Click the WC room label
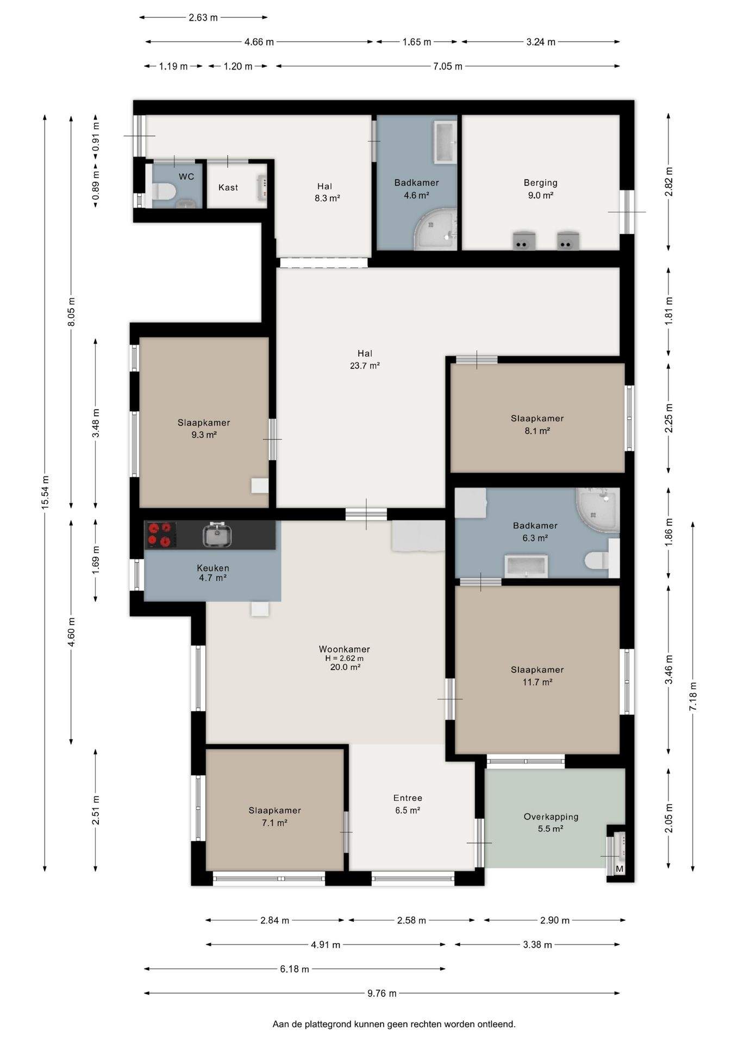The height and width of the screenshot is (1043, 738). (x=186, y=177)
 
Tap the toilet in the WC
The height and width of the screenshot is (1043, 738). (x=162, y=191)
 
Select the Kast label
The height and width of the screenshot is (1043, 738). (x=228, y=187)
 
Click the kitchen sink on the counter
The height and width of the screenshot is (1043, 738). (x=218, y=535)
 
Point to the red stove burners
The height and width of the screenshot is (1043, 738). (x=160, y=534)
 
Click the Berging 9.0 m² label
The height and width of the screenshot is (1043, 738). (x=541, y=189)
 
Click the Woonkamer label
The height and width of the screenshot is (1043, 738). (x=345, y=649)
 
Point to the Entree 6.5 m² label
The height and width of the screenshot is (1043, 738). (x=408, y=804)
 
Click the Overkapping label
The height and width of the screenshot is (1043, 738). (x=551, y=816)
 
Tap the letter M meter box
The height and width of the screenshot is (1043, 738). (x=620, y=869)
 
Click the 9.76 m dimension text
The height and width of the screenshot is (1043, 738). (x=382, y=993)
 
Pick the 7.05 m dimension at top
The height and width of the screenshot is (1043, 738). (x=448, y=66)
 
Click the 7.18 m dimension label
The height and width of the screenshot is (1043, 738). (x=693, y=696)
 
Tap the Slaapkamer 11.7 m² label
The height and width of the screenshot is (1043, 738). (x=537, y=676)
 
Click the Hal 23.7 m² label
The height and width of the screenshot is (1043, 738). (x=365, y=360)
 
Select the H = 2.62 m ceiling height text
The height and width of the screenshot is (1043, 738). (x=345, y=658)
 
